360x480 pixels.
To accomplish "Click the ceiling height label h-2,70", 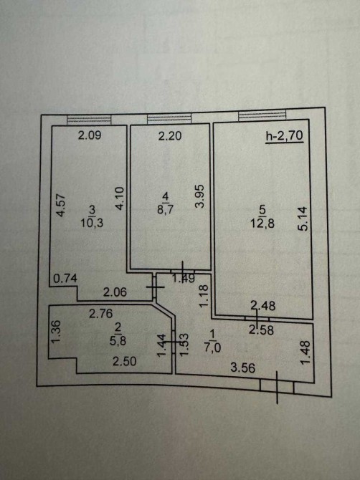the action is click(285, 135).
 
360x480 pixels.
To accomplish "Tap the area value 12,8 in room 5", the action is click(262, 224).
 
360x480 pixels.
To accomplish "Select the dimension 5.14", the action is click(303, 219).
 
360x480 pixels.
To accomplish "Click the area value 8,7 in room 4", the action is click(166, 211).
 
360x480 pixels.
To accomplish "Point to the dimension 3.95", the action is click(200, 196).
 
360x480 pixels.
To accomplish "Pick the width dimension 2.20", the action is click(170, 135).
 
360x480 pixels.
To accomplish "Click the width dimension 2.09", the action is click(90, 135).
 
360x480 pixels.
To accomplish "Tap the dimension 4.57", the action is click(61, 205).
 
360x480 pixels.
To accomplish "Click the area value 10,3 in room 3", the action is click(92, 223).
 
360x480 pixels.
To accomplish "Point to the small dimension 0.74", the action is click(65, 279).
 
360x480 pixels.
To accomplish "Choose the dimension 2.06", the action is click(115, 292).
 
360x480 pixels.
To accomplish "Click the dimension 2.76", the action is click(101, 314).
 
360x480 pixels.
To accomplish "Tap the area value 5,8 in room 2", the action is click(118, 341).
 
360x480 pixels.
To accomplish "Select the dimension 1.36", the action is click(56, 332).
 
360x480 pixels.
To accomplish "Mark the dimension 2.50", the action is click(124, 362).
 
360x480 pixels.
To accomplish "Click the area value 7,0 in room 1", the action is click(213, 347).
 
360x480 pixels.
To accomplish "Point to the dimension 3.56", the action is click(243, 368).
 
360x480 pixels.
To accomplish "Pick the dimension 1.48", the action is click(305, 353).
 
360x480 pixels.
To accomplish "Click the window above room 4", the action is click(169, 118).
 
